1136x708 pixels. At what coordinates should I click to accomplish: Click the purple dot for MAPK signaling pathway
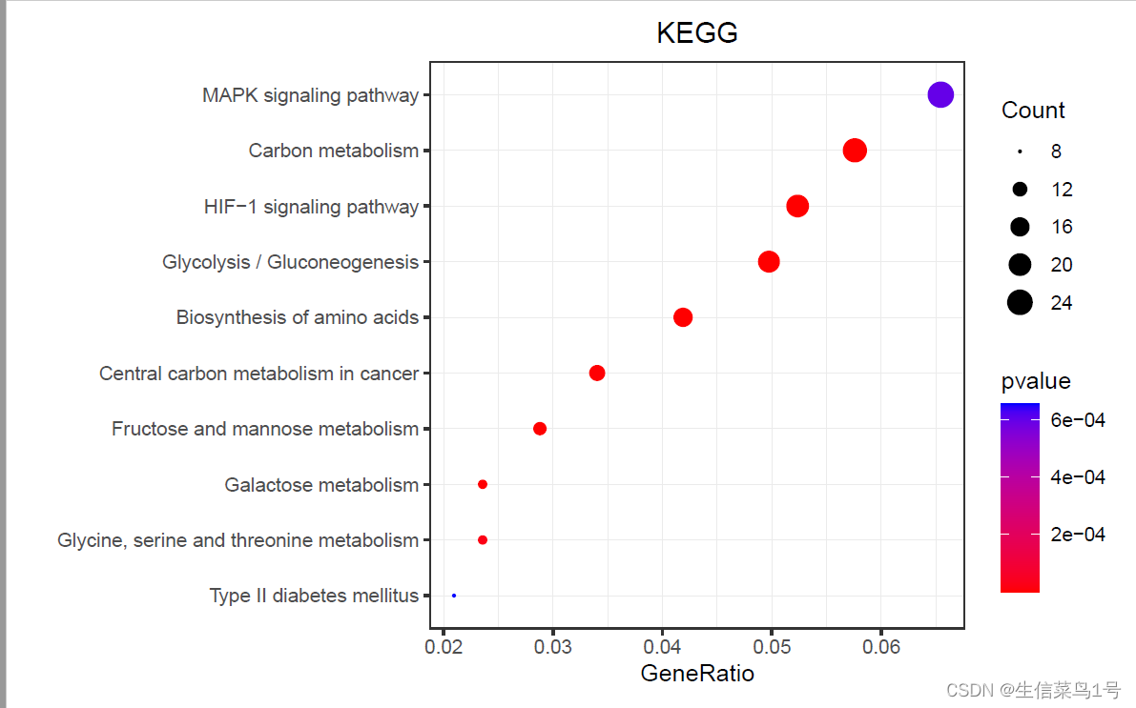pos(940,94)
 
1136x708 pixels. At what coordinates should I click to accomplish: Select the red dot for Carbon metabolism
pos(855,151)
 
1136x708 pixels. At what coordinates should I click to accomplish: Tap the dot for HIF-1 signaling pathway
pos(797,206)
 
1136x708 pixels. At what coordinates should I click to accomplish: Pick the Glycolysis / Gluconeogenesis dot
pos(769,261)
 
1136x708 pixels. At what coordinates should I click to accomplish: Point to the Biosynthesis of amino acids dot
pos(683,317)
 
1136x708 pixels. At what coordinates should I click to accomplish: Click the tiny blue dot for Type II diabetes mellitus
pos(454,596)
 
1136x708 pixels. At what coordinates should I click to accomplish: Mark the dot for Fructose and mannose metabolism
pos(540,429)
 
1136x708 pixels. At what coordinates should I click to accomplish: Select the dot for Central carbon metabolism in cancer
pos(597,373)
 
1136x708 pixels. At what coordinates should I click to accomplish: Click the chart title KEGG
pos(697,33)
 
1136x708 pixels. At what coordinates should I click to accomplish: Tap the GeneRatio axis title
pos(697,674)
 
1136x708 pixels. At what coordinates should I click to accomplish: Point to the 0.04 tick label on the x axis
pos(662,648)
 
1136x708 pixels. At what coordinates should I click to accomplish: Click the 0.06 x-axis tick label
pos(881,648)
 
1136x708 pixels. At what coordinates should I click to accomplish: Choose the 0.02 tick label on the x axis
pos(444,648)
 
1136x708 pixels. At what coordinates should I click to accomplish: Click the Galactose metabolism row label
pos(321,485)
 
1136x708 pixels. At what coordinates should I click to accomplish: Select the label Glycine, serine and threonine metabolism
pos(238,540)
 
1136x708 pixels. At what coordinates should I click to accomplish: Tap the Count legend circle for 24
pos(1020,303)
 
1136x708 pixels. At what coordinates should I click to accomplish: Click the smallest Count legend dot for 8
pos(1020,151)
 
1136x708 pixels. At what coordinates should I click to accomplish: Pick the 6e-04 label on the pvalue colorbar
pos(1077,419)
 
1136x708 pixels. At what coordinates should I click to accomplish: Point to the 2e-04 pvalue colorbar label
pos(1077,535)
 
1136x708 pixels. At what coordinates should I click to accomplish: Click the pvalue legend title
pos(1036,381)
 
